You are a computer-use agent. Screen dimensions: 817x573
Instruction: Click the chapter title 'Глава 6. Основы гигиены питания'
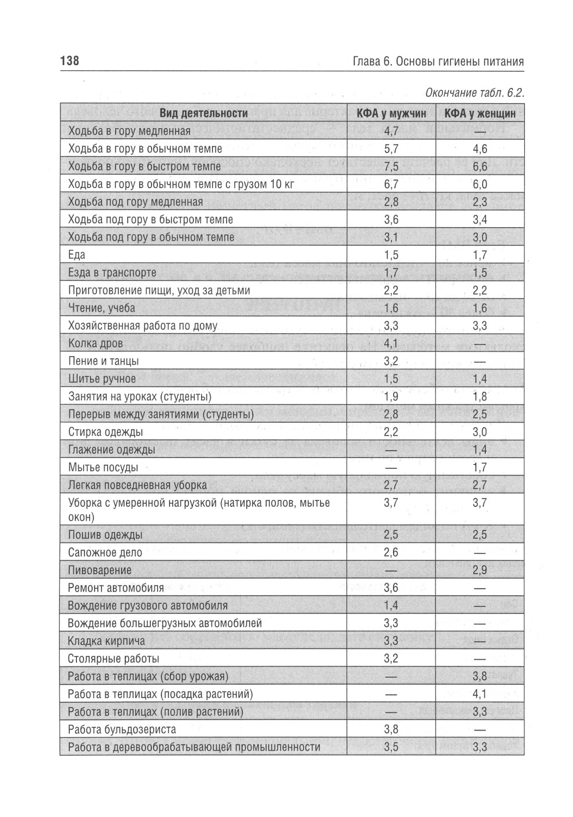438,62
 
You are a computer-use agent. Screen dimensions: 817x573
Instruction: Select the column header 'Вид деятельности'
203,113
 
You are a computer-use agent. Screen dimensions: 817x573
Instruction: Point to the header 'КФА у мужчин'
391,113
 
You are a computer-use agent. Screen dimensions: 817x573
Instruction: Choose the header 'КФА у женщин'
480,113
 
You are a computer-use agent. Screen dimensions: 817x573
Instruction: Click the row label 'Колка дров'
95,344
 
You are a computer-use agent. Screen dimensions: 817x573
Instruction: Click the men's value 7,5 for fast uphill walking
391,167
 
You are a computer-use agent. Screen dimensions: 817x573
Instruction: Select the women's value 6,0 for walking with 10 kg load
480,184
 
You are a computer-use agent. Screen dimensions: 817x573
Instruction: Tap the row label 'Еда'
76,255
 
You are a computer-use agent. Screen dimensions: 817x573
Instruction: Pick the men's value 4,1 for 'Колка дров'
391,344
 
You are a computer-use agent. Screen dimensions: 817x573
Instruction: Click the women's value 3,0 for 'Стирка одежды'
480,432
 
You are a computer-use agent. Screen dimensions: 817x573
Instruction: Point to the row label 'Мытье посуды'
103,467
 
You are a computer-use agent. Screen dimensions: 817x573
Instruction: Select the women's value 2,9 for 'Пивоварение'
480,570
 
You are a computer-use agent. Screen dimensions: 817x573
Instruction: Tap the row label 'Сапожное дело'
105,552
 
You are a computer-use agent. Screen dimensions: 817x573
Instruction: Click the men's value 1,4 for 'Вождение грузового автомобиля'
391,605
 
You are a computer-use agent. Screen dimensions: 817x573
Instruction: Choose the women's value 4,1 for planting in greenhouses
480,694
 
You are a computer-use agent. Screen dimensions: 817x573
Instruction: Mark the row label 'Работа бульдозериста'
122,729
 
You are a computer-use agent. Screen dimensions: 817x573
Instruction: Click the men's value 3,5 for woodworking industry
391,747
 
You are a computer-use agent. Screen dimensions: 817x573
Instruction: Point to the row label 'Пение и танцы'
103,361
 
